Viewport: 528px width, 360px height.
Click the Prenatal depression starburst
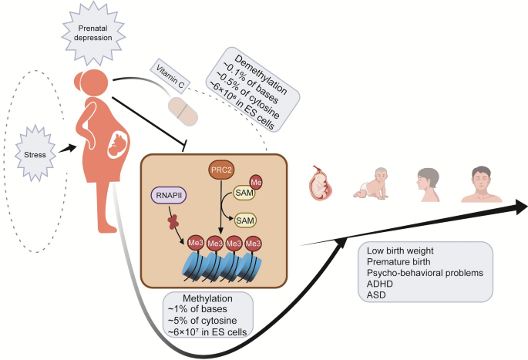[x=93, y=33]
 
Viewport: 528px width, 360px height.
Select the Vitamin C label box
[x=170, y=76]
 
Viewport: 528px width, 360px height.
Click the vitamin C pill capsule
[x=183, y=111]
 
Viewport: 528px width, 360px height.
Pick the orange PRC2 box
[x=221, y=170]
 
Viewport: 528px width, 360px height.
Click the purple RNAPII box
[x=169, y=195]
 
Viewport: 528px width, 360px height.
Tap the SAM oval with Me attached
[x=244, y=193]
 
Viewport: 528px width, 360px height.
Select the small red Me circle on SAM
[x=256, y=182]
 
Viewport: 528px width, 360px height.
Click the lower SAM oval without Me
[x=245, y=220]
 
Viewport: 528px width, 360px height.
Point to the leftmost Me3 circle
[x=196, y=243]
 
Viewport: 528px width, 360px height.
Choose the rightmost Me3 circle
[x=254, y=243]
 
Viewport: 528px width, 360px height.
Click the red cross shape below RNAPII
[x=173, y=222]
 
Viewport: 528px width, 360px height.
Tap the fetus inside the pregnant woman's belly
[x=118, y=144]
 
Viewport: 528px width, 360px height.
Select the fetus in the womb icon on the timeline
[x=320, y=183]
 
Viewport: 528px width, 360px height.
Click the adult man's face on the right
[x=482, y=184]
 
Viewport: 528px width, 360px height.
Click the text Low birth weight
[x=400, y=251]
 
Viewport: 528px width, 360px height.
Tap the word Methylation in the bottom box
[x=207, y=298]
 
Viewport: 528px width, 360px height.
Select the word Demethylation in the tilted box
[x=261, y=75]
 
